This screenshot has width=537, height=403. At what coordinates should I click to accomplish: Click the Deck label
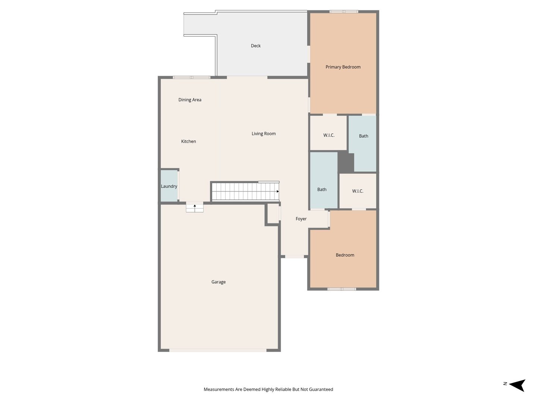[256, 46]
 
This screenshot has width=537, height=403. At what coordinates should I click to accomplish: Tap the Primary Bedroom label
[343, 67]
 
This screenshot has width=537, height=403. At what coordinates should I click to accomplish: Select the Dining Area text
[190, 100]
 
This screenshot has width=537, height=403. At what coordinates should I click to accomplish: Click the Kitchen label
[189, 141]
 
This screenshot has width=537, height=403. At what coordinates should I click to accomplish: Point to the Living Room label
[264, 134]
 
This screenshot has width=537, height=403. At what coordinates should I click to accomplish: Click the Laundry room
[169, 186]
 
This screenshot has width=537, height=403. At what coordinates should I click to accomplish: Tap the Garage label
[219, 282]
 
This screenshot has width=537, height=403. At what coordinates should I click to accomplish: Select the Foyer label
[301, 219]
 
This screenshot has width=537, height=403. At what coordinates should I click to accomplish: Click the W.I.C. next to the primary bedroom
[329, 135]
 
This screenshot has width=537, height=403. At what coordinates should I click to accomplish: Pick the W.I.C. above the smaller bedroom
[358, 191]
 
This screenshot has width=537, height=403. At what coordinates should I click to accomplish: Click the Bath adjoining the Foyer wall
[322, 190]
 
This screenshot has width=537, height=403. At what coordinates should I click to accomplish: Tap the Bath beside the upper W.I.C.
[364, 136]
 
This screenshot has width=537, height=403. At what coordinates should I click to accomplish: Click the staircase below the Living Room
[245, 191]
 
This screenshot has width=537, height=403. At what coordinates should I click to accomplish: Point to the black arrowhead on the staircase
[277, 191]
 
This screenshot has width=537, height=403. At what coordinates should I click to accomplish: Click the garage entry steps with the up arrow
[195, 207]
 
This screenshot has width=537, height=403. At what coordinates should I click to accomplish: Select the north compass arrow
[517, 385]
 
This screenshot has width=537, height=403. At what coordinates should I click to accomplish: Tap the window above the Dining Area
[192, 78]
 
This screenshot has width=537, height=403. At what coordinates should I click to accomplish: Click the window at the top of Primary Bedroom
[344, 12]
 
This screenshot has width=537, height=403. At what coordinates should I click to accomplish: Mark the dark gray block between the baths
[346, 163]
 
